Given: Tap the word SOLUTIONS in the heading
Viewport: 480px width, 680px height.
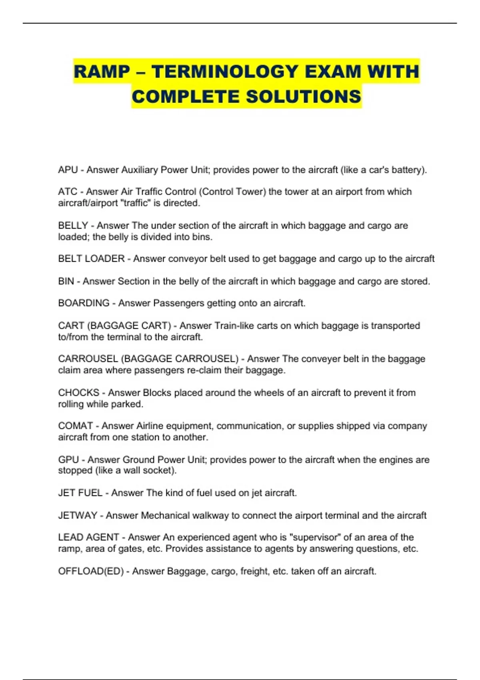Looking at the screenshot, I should pos(303,97).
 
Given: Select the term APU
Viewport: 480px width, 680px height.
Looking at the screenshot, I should pos(68,170).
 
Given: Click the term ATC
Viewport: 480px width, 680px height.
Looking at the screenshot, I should pos(67,192).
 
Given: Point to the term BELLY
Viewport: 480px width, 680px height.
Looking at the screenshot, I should pos(73,226).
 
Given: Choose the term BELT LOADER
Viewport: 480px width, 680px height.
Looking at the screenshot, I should pos(91,259).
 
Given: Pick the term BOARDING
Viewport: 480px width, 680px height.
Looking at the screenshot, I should pos(84,303).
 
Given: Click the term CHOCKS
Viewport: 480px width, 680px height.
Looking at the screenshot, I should pos(78,393).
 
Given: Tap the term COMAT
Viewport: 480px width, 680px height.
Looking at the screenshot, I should pos(75,426).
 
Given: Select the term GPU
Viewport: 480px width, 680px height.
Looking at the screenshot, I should pos(68,460).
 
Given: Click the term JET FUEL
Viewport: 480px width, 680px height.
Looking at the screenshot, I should pos(80,493).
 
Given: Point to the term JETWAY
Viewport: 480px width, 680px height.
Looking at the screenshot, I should pos(78,516).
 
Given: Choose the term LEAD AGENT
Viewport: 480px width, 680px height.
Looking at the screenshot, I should pos(88,537).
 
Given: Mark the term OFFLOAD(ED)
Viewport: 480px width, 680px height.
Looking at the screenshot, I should pos(91,571).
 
